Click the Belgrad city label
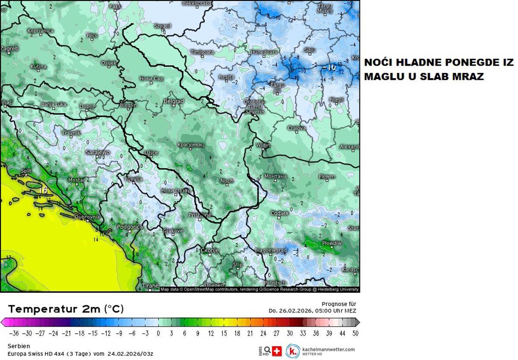174,101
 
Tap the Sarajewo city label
98,152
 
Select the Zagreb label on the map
9,49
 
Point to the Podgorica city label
129,227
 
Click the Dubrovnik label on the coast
87,217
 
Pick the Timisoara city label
202,52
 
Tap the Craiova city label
297,128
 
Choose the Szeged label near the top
163,26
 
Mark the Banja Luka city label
54,104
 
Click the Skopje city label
210,250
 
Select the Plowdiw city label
332,243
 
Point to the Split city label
26,171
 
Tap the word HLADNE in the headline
412,63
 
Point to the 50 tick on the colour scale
354,333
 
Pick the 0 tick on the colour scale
158,333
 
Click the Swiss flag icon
277,351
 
